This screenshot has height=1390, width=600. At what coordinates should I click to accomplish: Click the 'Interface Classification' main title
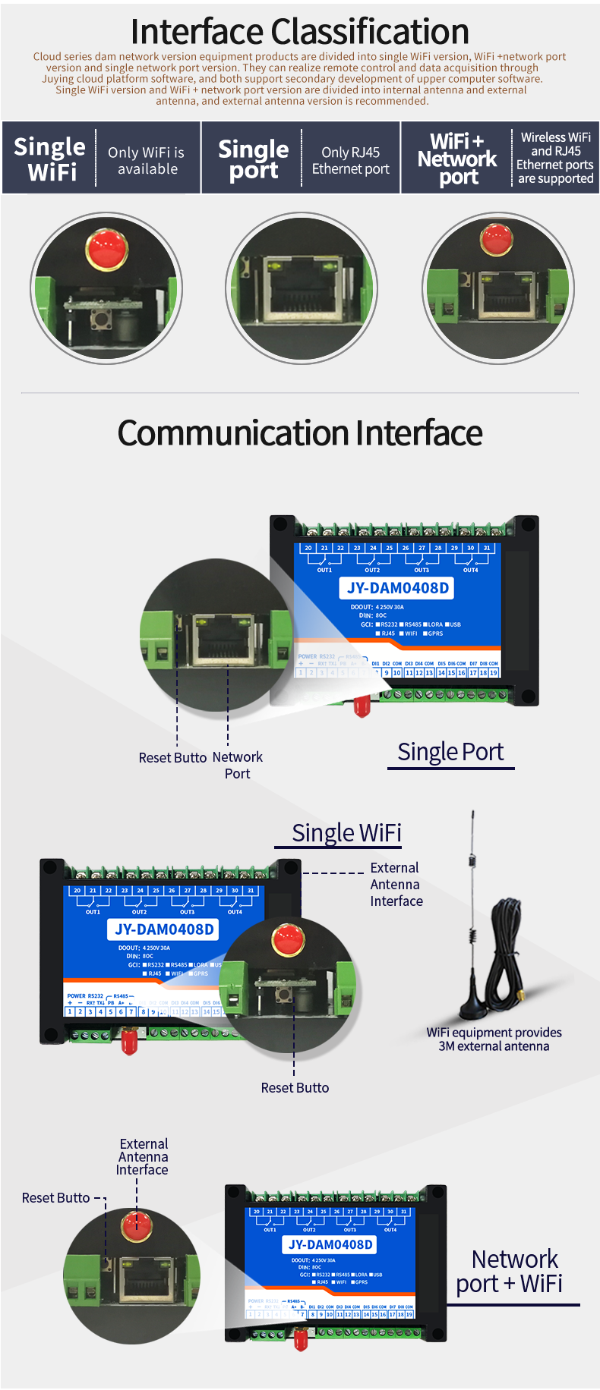300,32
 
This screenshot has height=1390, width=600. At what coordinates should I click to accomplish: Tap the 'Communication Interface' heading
300,433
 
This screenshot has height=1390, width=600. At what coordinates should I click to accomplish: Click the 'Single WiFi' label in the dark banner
50,159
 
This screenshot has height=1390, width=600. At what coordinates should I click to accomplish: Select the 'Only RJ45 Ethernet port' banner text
350,161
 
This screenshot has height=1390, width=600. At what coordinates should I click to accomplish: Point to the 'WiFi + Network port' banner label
457,159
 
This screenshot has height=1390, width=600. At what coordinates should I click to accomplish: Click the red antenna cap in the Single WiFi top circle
106,248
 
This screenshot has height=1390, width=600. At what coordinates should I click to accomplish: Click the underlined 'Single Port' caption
450,752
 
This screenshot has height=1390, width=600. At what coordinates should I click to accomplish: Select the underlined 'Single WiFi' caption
346,833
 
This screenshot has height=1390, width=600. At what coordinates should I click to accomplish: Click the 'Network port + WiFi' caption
510,1272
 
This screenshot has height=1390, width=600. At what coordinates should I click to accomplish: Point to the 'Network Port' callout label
238,765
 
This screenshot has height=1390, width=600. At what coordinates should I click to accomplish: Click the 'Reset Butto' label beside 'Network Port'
172,757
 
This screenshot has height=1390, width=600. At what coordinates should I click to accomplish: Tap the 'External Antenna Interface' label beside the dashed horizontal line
396,884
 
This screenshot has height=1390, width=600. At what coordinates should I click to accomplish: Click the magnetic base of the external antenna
473,1007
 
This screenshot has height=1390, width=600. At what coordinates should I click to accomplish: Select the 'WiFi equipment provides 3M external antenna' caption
494,1039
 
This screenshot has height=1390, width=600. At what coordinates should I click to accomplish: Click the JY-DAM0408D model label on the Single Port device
398,588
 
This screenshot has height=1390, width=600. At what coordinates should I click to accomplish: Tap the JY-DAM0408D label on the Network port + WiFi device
330,1244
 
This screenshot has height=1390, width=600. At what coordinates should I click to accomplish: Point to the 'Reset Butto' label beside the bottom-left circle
56,1197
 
